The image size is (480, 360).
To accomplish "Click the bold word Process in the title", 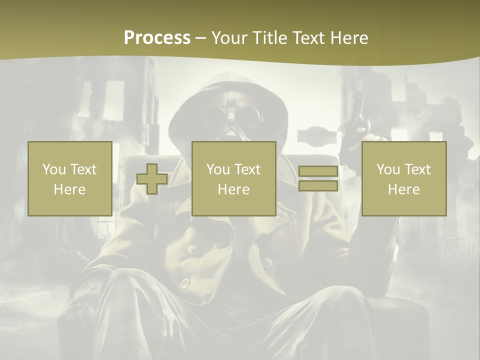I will click(x=157, y=37).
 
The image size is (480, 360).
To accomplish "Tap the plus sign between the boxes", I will click(x=152, y=179).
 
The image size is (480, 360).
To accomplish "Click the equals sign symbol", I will click(x=318, y=178).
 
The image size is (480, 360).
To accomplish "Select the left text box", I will click(x=69, y=178).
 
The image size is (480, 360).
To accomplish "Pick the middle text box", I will click(x=233, y=178).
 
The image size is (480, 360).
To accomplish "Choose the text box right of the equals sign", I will click(x=404, y=178).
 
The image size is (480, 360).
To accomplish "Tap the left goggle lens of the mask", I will click(x=216, y=120).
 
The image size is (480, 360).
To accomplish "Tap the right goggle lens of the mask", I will click(x=245, y=120).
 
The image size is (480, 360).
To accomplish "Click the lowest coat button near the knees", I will click(x=185, y=283).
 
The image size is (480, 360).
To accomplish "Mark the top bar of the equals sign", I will click(x=318, y=171).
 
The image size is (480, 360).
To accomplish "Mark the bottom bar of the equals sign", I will click(x=318, y=185).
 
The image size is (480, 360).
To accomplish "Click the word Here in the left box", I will click(x=69, y=189).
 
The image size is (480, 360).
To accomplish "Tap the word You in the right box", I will click(x=387, y=169).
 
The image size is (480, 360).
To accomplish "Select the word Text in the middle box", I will click(x=247, y=169).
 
